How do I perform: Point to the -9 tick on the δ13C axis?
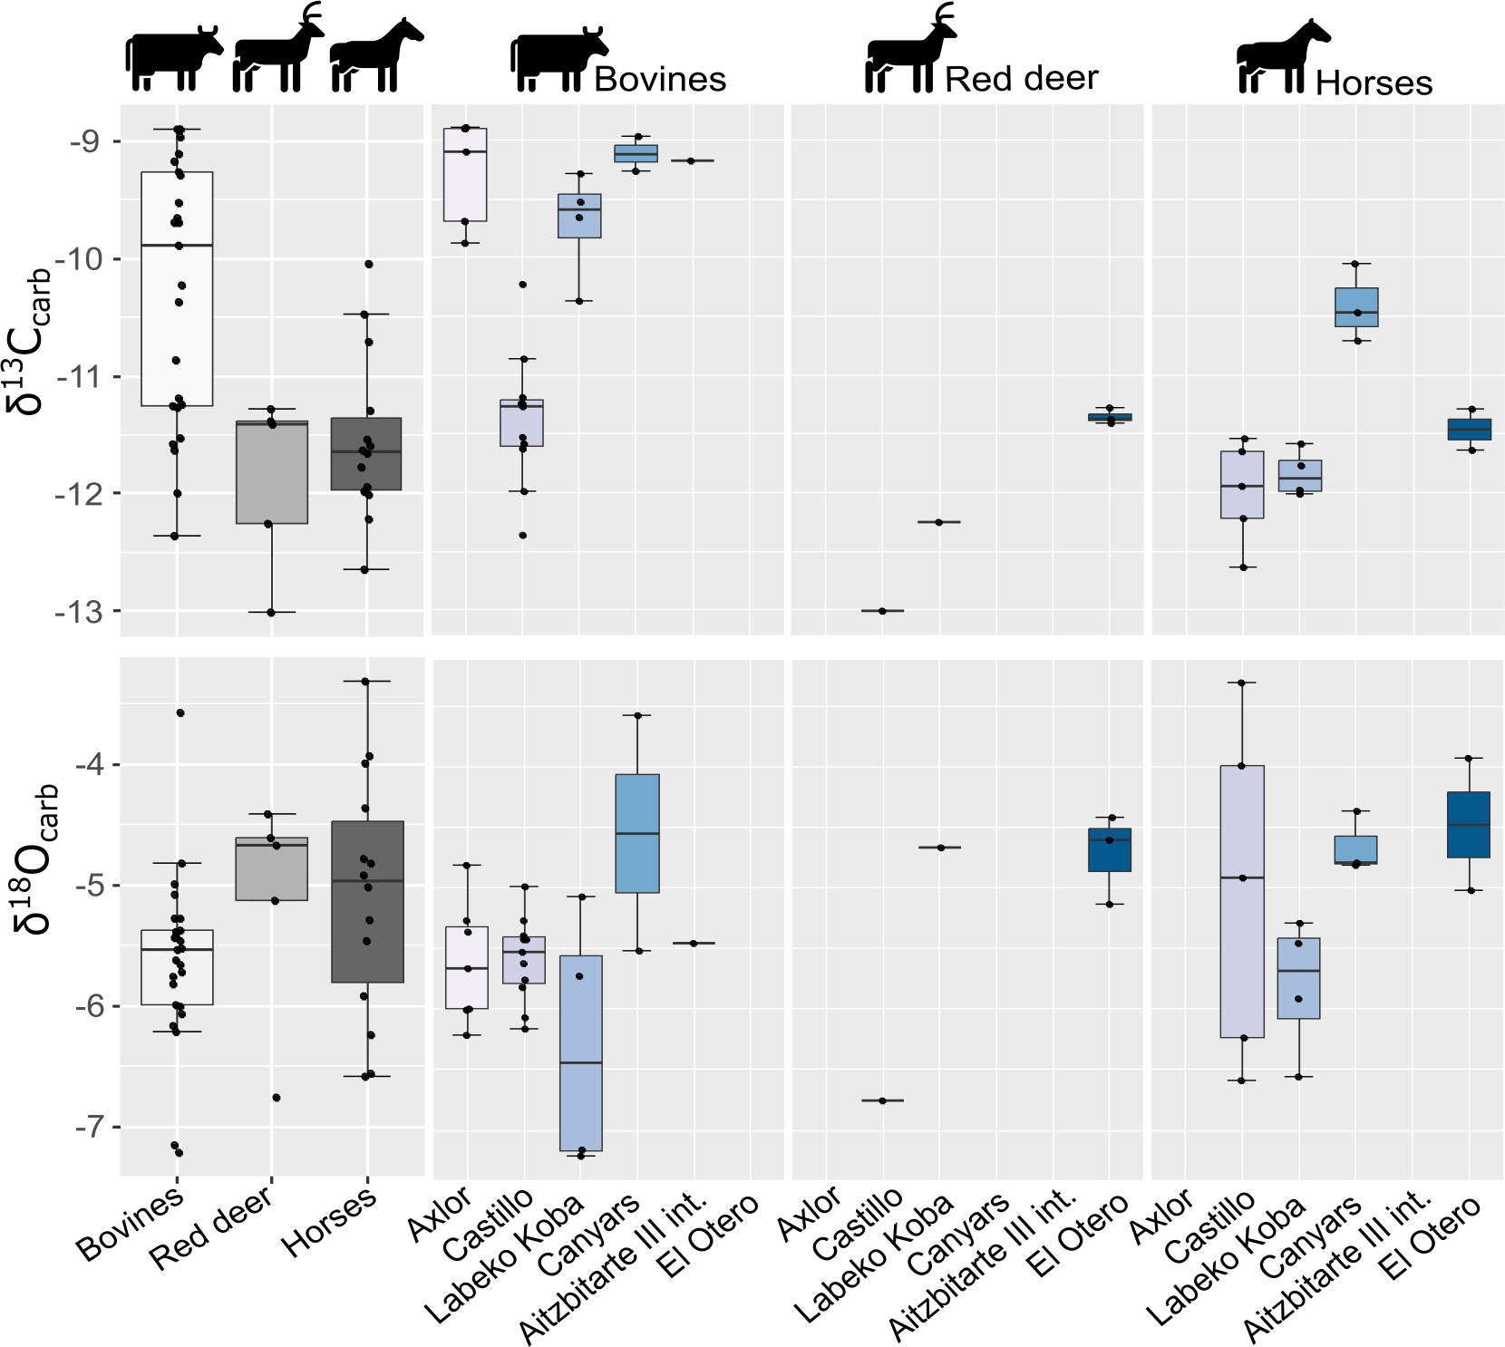pyautogui.click(x=83, y=141)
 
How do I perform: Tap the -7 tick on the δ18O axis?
pyautogui.click(x=90, y=1128)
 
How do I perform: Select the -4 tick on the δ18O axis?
pyautogui.click(x=90, y=765)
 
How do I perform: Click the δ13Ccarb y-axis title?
pyautogui.click(x=29, y=341)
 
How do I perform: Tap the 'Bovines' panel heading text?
pyautogui.click(x=660, y=80)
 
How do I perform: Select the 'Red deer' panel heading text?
pyautogui.click(x=1021, y=79)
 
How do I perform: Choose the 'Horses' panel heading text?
pyautogui.click(x=1374, y=83)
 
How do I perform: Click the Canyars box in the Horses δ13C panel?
pyautogui.click(x=1356, y=306)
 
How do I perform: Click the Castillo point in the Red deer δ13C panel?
pyautogui.click(x=882, y=611)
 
